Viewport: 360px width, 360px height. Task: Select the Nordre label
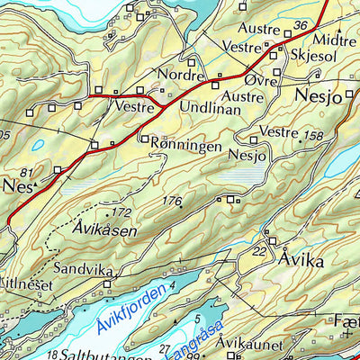click(177, 75)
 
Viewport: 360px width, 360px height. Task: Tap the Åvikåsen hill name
click(106, 229)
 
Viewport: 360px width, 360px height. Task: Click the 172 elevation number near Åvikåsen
click(122, 213)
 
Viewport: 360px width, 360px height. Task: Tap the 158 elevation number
click(314, 136)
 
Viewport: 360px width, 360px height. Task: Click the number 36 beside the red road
click(301, 24)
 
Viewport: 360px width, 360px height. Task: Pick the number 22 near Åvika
click(259, 251)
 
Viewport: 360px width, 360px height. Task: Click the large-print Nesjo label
click(319, 97)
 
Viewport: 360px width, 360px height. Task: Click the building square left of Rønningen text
click(144, 139)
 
